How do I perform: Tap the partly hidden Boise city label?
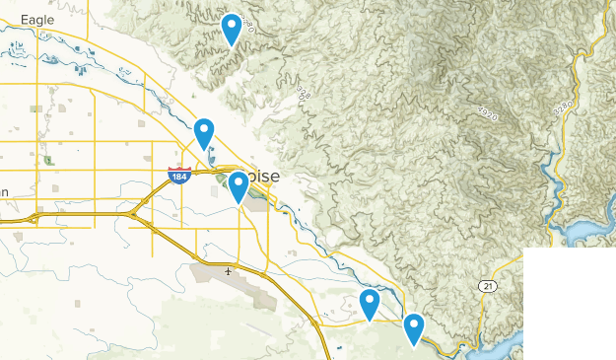pos(262,177)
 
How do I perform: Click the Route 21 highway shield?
pos(487,286)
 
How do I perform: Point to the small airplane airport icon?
pos(229,270)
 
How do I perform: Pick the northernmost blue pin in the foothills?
pos(232,29)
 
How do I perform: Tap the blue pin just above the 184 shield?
pos(204,132)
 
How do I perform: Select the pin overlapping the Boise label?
pos(238,185)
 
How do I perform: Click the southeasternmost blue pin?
pos(414,327)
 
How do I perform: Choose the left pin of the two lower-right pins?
pos(371,304)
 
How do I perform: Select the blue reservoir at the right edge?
pos(587,233)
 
